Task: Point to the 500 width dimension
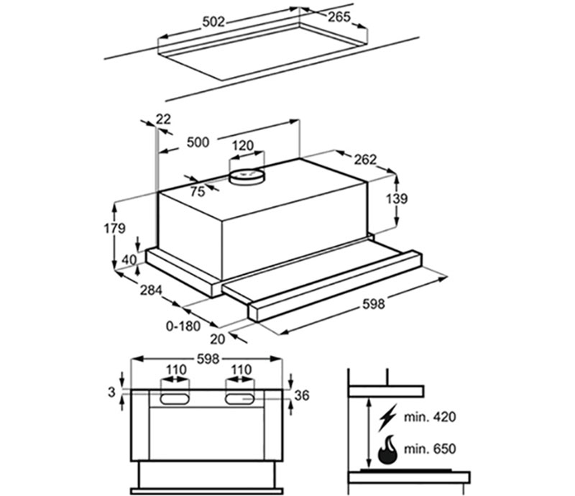tap(197, 142)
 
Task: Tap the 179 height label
tap(114, 229)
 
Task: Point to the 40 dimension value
tap(129, 260)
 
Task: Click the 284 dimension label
tap(150, 290)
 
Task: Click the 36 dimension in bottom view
tap(302, 395)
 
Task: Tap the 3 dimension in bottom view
tap(110, 392)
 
